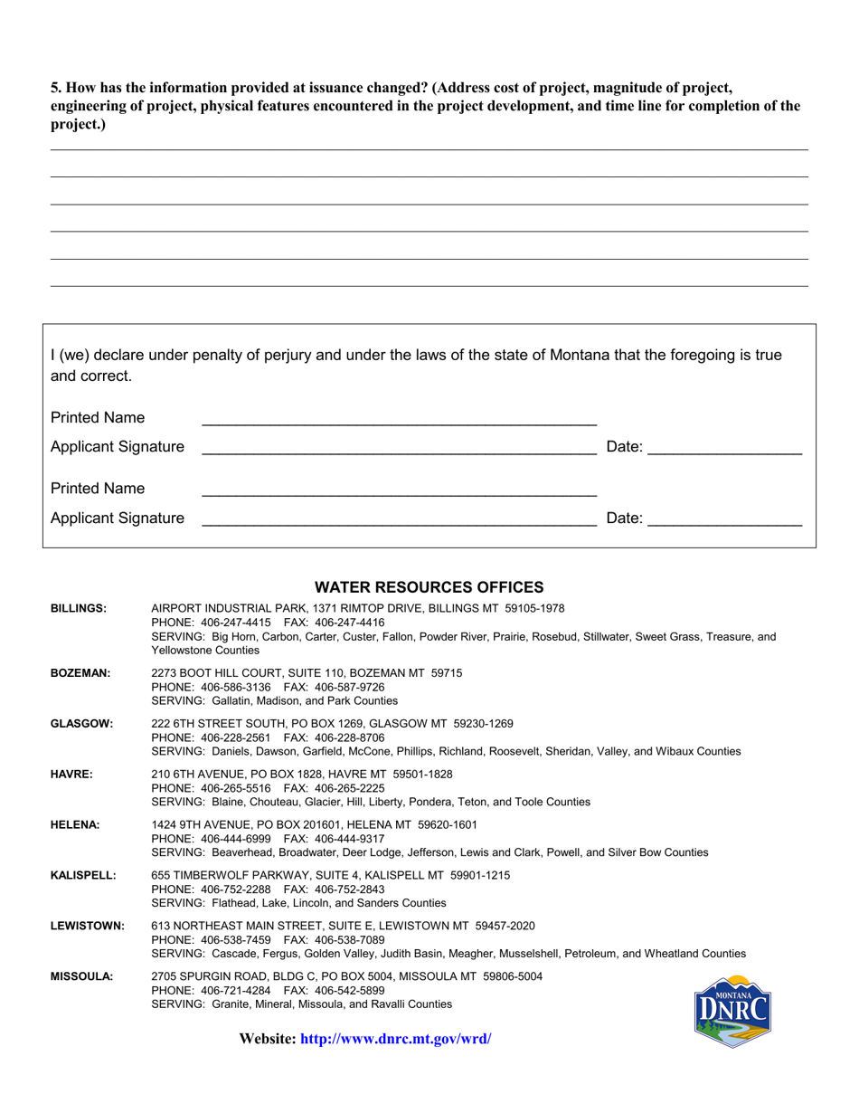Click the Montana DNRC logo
pos(732,1011)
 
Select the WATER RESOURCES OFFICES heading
pos(429,587)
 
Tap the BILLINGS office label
pos(79,609)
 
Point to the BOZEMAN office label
pos(80,673)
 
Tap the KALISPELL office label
pos(83,876)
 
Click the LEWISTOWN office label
pos(87,927)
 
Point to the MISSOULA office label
pos(81,977)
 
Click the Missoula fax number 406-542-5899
pos(346,991)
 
